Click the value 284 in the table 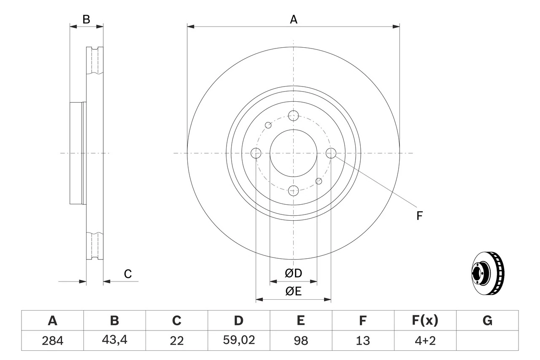click(52, 341)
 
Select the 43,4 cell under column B click(114, 341)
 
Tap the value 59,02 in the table click(238, 341)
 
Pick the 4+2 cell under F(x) click(425, 341)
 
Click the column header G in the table click(487, 321)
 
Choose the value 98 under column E click(300, 341)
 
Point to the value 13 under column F click(362, 341)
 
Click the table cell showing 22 click(176, 341)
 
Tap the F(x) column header click(425, 321)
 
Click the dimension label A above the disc click(293, 19)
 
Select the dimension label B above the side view click(86, 19)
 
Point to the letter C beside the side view click(128, 274)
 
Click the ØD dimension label click(293, 273)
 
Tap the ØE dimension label click(293, 292)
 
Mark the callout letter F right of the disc click(419, 216)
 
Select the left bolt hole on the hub click(256, 153)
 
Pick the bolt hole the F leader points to click(331, 153)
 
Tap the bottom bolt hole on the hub click(293, 190)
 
